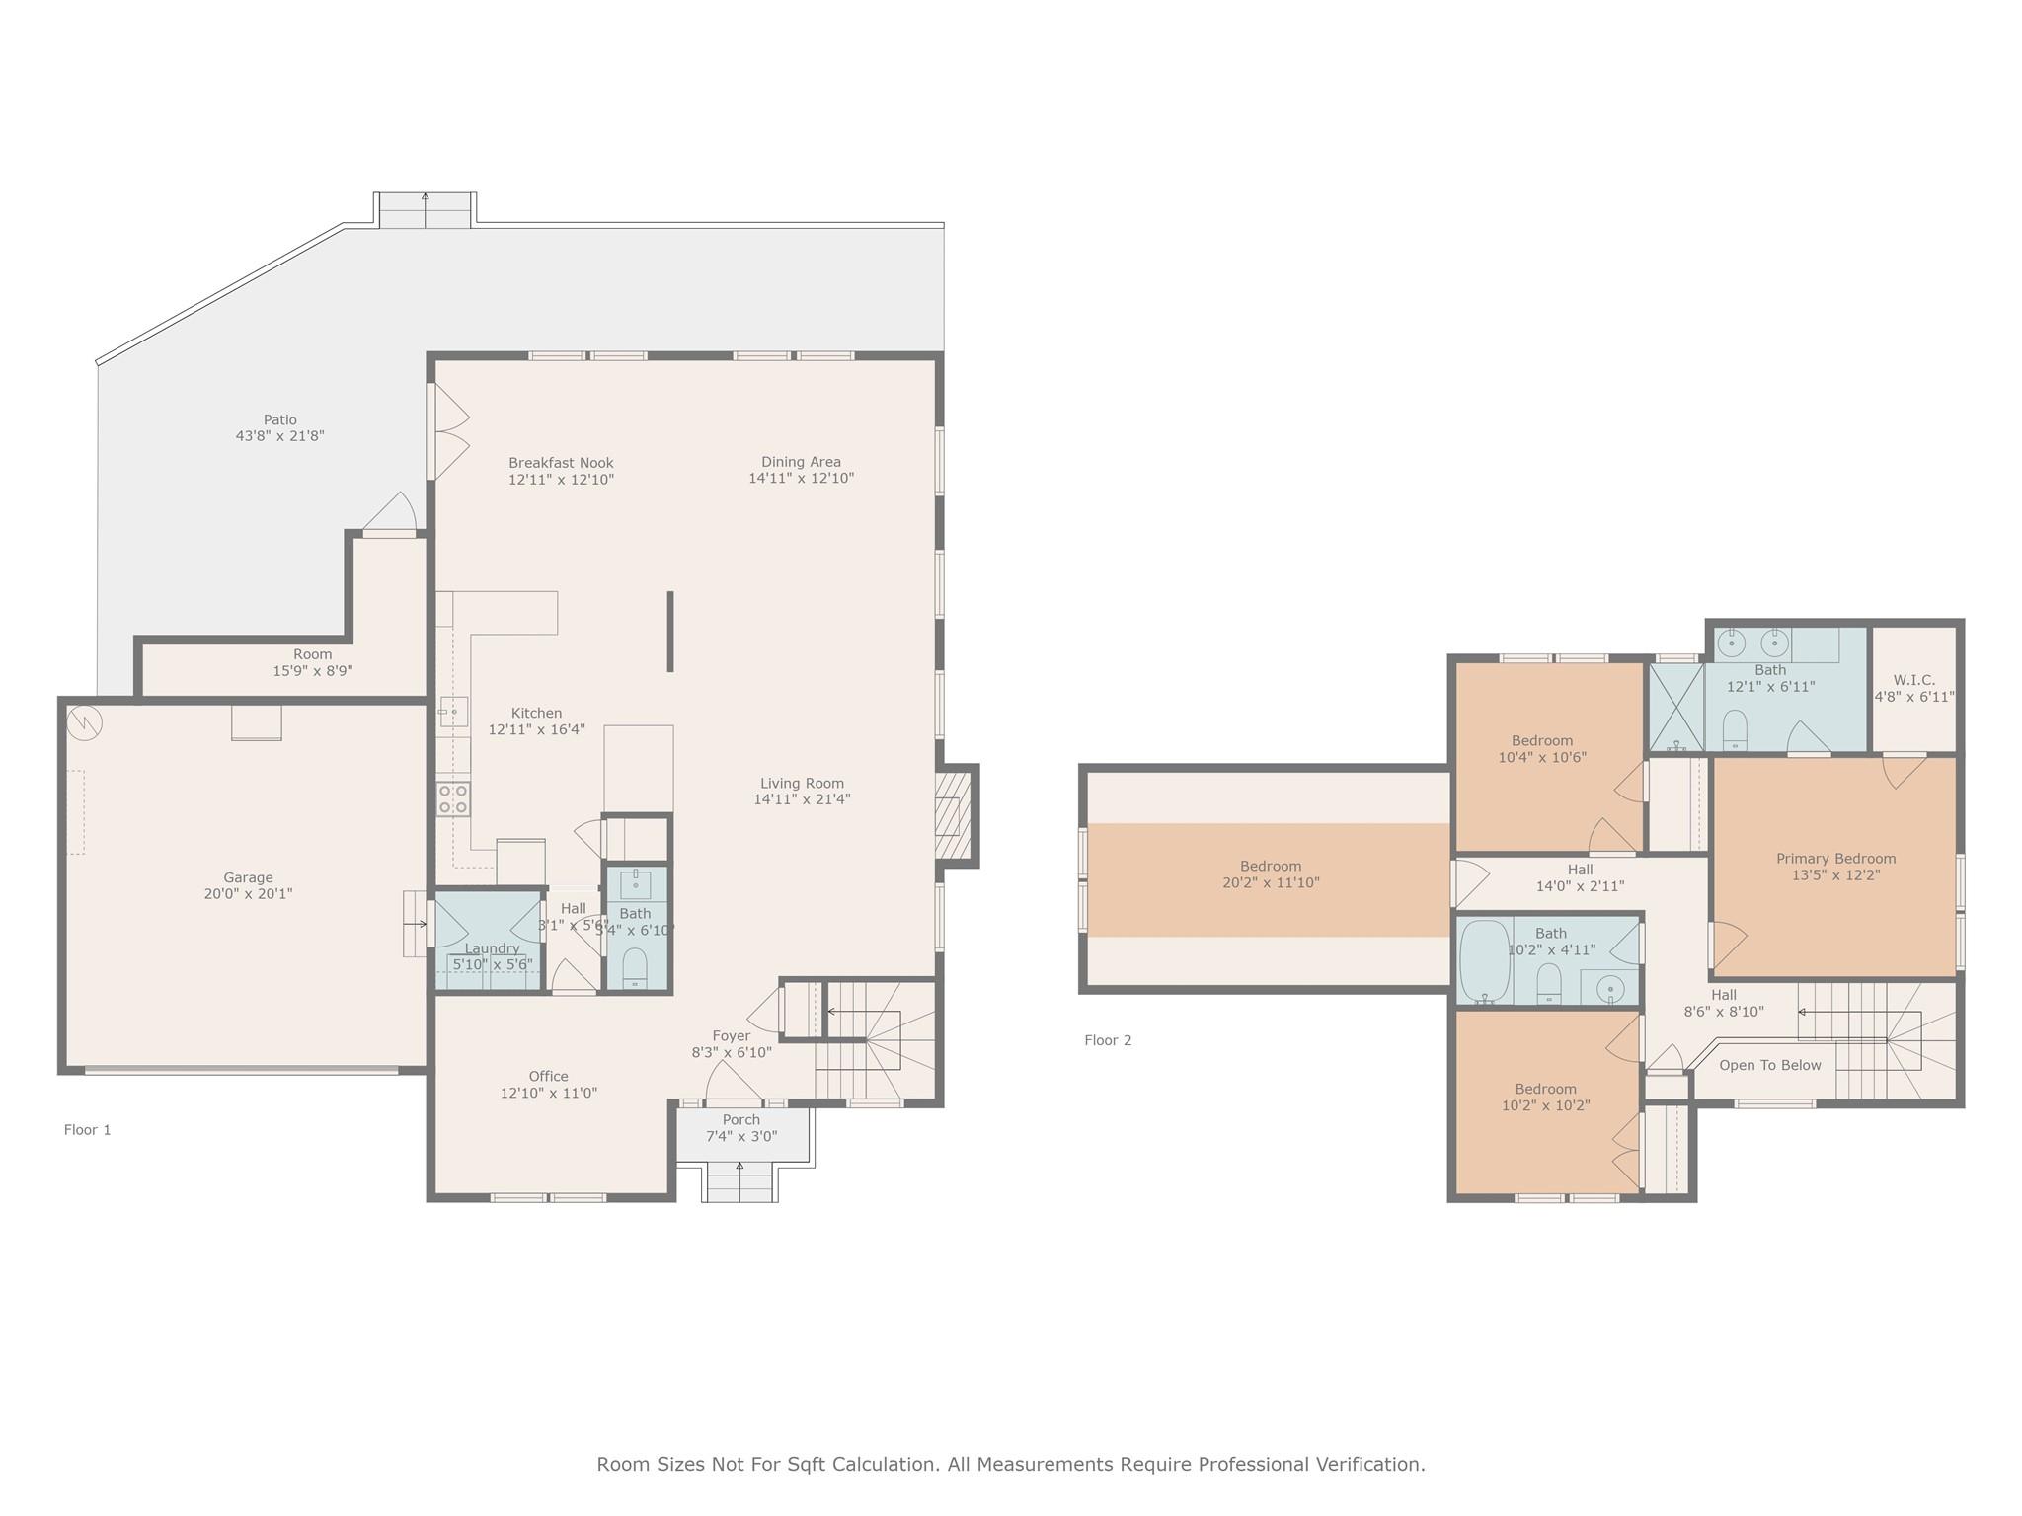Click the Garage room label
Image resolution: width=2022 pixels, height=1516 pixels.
(248, 877)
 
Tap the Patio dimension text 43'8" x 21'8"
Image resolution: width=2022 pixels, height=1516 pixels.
(279, 436)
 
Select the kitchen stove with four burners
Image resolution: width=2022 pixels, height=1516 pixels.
(453, 799)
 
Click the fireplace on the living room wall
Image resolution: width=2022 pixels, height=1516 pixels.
(949, 816)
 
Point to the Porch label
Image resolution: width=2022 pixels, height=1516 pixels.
(740, 1120)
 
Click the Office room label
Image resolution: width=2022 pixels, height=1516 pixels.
(548, 1077)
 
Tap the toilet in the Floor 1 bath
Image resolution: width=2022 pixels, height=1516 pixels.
(635, 966)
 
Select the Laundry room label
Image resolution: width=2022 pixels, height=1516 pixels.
(492, 948)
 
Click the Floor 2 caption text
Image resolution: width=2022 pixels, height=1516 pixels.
(1108, 1040)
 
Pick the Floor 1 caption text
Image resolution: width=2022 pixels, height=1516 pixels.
(87, 1130)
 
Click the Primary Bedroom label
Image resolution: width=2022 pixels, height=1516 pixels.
(1835, 859)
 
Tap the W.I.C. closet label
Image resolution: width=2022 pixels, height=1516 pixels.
(1913, 680)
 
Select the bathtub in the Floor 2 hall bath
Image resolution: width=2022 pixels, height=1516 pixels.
(1484, 961)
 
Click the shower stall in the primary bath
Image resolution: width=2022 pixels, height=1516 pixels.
(1676, 707)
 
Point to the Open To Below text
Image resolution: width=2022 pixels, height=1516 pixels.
(1769, 1065)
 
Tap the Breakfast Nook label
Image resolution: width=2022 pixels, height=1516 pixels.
(561, 463)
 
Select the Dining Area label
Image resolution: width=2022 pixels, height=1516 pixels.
(801, 462)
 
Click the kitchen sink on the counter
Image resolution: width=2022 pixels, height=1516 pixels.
(453, 711)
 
